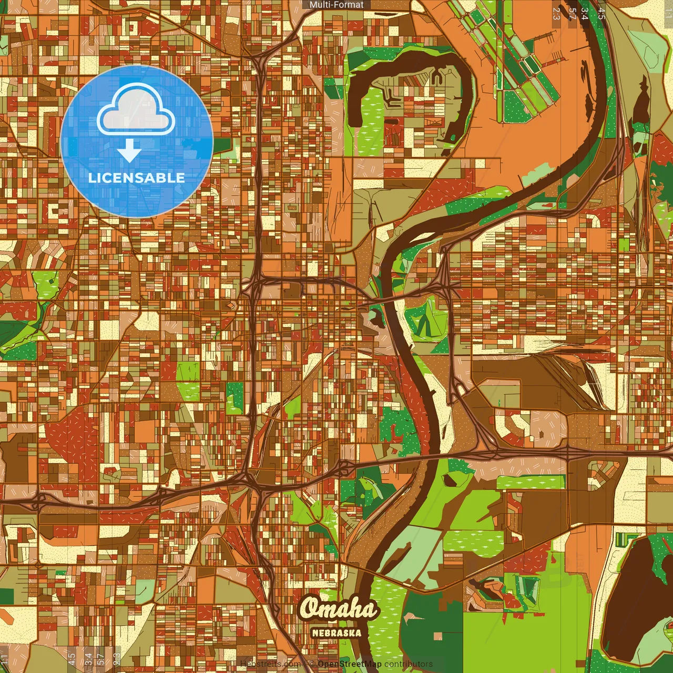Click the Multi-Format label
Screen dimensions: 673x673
tap(336, 5)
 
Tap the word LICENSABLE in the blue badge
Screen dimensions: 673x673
tap(136, 178)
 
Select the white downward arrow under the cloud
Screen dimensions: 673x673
tap(129, 151)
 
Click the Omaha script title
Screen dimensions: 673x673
tap(339, 609)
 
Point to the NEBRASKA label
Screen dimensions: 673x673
tap(336, 633)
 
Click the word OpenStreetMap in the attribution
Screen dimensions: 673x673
tap(350, 664)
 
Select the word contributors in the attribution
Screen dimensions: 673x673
tap(409, 664)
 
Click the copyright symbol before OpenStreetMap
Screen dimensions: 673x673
tap(311, 664)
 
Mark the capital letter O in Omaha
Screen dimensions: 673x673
tap(311, 609)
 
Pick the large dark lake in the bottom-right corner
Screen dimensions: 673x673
tap(636, 599)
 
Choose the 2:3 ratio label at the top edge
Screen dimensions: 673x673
tap(556, 13)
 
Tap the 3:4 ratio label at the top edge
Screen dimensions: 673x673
tap(585, 13)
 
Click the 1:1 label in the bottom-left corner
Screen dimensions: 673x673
tap(5, 659)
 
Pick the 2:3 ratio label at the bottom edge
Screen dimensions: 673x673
tap(117, 659)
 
